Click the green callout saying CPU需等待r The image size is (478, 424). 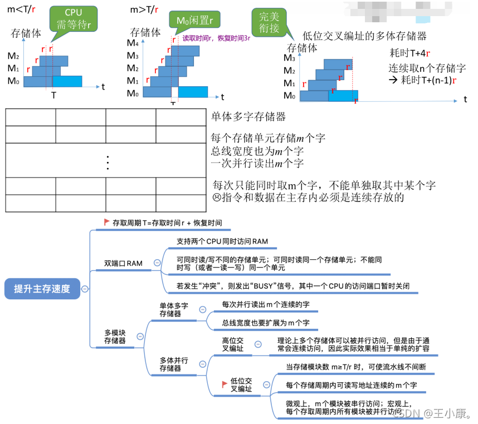coord(73,18)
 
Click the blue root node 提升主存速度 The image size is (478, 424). coord(42,289)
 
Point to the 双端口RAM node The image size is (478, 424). coord(123,263)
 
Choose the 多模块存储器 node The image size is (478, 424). coord(115,336)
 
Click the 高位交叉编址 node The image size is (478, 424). coord(232,344)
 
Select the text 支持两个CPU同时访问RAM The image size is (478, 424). coord(222,241)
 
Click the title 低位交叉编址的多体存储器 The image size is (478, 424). coord(364,36)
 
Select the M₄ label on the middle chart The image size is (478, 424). coord(133,43)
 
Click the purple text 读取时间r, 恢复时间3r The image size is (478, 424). coord(216,39)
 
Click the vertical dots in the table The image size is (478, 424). coord(106,162)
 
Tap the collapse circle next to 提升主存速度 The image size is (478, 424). coord(84,289)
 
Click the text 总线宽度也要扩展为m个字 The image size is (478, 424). coord(266,323)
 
